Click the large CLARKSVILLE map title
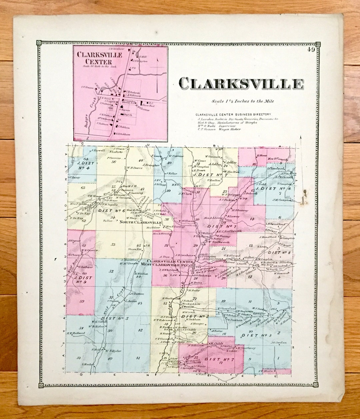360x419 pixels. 241,84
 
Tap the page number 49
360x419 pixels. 312,50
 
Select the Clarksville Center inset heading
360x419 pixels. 94,58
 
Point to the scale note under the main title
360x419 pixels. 242,101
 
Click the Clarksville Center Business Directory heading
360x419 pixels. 233,114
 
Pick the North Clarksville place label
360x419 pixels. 136,222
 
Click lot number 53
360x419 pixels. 113,245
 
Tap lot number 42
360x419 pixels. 140,330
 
